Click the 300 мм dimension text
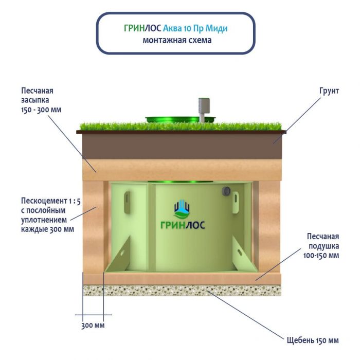tap(93, 326)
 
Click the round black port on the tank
tap(225, 191)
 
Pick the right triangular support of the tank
tap(239, 255)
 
